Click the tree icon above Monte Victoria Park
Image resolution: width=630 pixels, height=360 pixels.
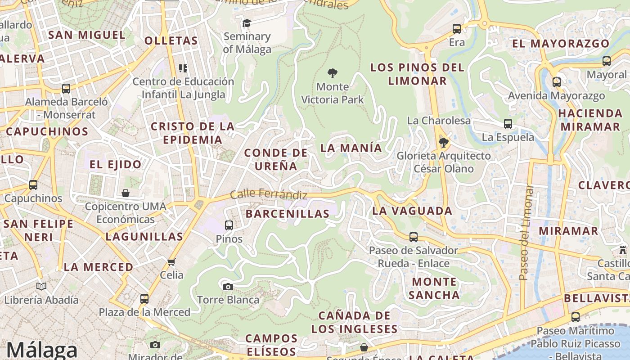[333, 73]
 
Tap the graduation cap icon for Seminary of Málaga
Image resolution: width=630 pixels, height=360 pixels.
[247, 23]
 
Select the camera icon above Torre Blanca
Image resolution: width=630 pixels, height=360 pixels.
[228, 287]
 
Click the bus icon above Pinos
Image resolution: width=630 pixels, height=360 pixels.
[229, 225]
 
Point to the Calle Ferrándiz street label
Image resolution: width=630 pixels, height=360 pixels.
[269, 195]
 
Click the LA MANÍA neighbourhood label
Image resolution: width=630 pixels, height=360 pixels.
[351, 148]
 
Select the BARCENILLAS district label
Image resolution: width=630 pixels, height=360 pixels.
[288, 214]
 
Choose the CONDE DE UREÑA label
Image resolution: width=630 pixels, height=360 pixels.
[276, 159]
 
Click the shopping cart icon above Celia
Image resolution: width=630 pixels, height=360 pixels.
[171, 262]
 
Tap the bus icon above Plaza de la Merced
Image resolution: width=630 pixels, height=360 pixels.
[144, 298]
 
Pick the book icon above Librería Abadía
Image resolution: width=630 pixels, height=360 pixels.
[41, 286]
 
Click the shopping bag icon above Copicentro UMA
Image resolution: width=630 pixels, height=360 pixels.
[126, 193]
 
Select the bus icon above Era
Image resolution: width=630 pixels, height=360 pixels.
[457, 29]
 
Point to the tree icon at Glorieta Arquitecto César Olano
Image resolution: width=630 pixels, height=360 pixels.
[444, 143]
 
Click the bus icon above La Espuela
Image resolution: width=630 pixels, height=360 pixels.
[508, 123]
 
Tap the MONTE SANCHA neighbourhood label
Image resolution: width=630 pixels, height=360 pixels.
[433, 288]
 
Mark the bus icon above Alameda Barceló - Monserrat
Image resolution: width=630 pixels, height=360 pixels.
[66, 88]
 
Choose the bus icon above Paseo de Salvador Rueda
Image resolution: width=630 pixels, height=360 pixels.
[413, 237]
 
